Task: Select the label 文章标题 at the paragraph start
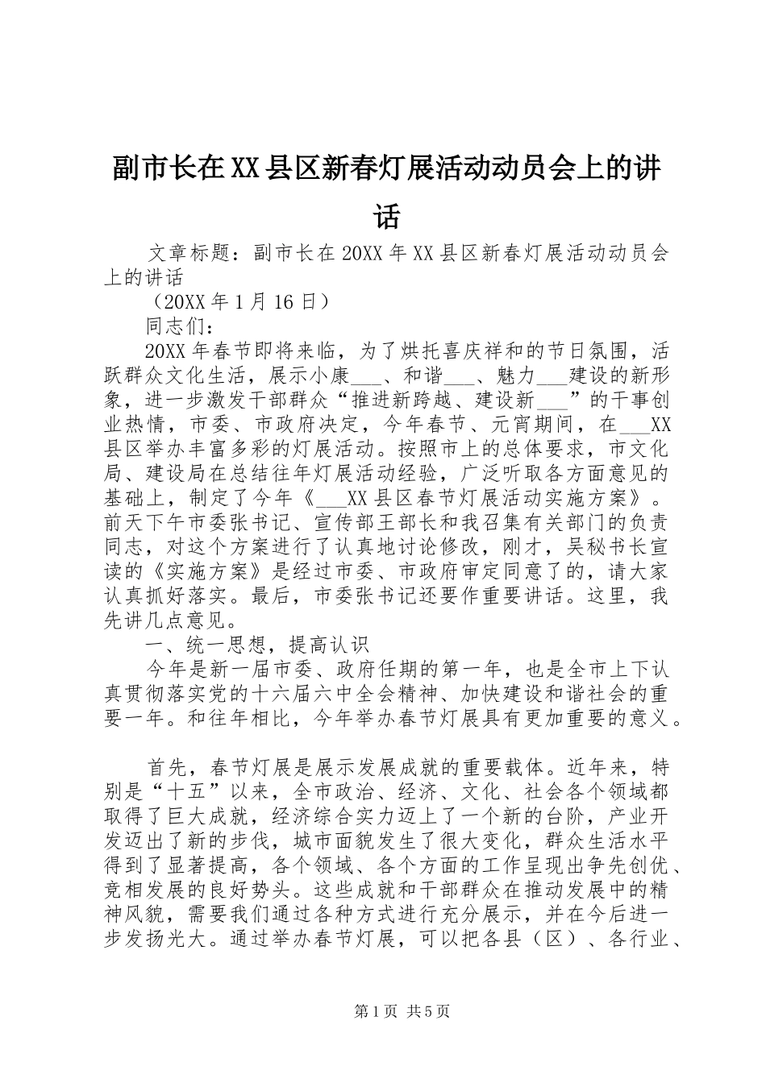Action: (189, 254)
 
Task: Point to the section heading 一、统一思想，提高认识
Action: (256, 643)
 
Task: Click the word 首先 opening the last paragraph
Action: (168, 764)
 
